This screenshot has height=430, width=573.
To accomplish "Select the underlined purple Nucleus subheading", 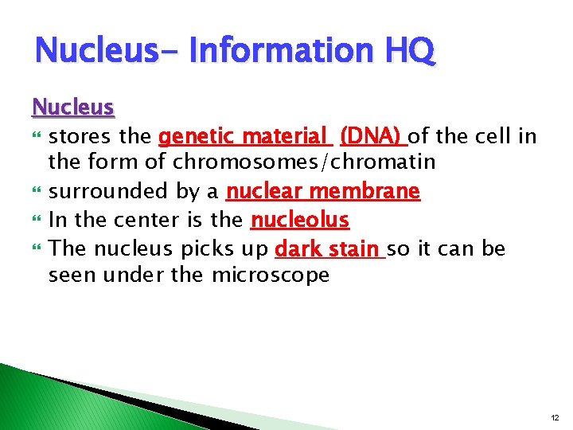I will pos(73,107).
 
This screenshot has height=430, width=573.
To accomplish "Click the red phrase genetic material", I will pos(244,136).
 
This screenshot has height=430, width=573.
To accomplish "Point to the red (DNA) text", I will pos(372,136).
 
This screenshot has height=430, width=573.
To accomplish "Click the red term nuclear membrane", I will pos(322,191).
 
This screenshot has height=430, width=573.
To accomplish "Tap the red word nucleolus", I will pos(300,219).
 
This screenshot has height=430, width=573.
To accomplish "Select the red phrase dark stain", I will pos(328,248).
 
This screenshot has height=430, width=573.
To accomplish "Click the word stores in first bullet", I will pos(76,136).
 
